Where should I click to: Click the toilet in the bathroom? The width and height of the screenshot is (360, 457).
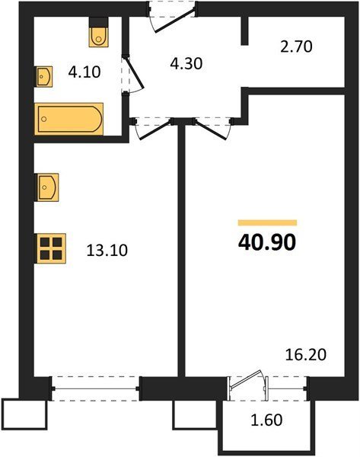click(99, 37)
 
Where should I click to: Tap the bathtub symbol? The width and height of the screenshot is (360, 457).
click(69, 119)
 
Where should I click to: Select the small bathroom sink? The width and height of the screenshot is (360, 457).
click(45, 76)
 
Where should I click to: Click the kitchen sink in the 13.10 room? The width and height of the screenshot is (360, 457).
click(47, 187)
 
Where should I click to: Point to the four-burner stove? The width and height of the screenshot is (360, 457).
click(51, 248)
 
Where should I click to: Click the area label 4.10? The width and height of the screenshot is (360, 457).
click(84, 72)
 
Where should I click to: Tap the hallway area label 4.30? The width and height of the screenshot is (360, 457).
click(186, 63)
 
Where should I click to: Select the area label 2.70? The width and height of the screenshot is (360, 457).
click(296, 46)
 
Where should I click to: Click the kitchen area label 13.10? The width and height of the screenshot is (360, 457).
click(107, 250)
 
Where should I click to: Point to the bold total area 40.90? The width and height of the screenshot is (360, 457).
click(267, 242)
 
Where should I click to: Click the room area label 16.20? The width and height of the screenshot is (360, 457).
click(305, 355)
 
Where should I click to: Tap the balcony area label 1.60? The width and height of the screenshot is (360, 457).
click(267, 420)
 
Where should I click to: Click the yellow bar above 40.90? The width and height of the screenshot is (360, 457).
click(267, 222)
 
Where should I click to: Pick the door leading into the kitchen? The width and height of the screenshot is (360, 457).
click(155, 129)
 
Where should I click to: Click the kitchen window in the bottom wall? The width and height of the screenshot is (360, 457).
click(96, 388)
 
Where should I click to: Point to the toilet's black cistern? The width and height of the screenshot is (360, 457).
click(99, 22)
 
